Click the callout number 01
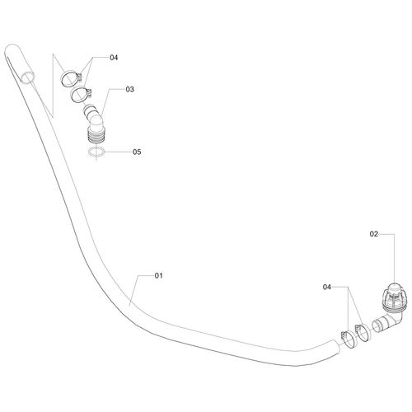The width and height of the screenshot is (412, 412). pyautogui.click(x=158, y=275)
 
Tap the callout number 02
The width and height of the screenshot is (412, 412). pyautogui.click(x=374, y=234)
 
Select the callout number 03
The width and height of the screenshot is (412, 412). pyautogui.click(x=129, y=89)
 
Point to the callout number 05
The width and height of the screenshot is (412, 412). pyautogui.click(x=137, y=152)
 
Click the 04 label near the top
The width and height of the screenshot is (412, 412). pyautogui.click(x=114, y=58)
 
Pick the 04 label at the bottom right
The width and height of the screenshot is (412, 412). pyautogui.click(x=327, y=288)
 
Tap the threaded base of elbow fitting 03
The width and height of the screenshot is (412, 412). pyautogui.click(x=96, y=135)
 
